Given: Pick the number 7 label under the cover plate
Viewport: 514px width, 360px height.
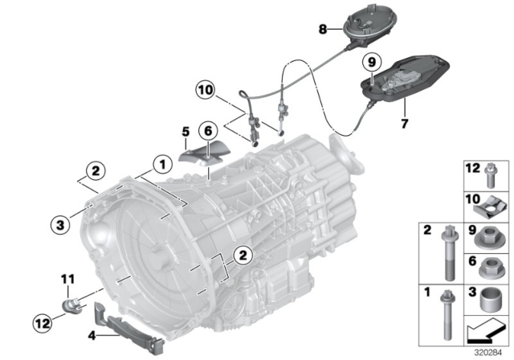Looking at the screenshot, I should [404, 125].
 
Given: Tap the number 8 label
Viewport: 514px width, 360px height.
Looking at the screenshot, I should [322, 29].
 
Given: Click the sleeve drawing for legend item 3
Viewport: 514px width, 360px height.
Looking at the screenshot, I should [489, 301].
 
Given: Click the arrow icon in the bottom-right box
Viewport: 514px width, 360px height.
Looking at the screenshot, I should [485, 331].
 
